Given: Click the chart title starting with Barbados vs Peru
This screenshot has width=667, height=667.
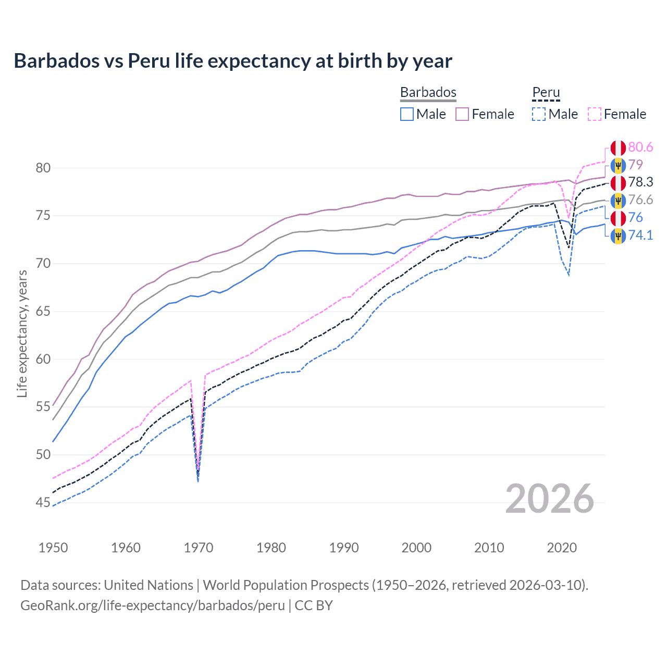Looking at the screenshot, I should [233, 61].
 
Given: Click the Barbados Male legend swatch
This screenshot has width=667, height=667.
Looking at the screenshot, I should [407, 114].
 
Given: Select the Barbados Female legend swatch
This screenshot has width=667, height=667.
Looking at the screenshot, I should [462, 114].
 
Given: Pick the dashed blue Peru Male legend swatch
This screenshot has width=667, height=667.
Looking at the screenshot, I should [539, 114].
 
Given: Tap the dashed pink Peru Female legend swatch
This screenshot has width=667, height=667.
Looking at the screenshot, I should [595, 114].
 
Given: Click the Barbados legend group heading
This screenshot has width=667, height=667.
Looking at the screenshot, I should [428, 92].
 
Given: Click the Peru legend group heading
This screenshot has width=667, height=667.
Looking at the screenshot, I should [546, 92].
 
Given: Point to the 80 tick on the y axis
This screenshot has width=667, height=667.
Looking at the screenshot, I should [43, 168].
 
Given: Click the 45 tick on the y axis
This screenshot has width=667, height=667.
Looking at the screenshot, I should [43, 503].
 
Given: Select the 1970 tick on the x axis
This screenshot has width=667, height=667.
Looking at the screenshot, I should [199, 548].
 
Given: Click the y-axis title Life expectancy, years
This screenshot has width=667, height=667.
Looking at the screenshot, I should [22, 333].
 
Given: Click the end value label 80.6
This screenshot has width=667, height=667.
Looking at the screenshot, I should [640, 147].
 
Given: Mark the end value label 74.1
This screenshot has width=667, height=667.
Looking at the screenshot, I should [640, 236].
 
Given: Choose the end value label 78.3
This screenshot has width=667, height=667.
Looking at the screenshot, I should [640, 182].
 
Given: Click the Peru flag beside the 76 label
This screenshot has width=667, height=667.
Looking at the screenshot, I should [618, 218].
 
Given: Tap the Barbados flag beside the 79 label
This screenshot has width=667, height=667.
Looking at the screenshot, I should [618, 165].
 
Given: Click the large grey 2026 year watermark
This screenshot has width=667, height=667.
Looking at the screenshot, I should [549, 499].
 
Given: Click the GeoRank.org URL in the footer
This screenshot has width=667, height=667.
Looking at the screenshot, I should [153, 606].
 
